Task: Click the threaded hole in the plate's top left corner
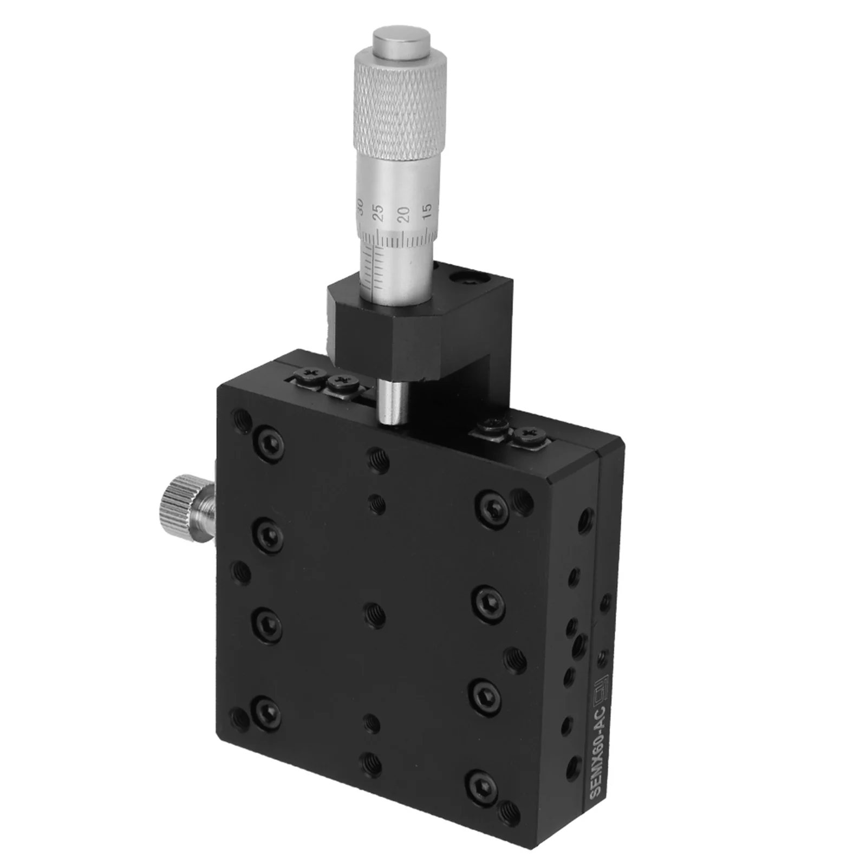point(242,419)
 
